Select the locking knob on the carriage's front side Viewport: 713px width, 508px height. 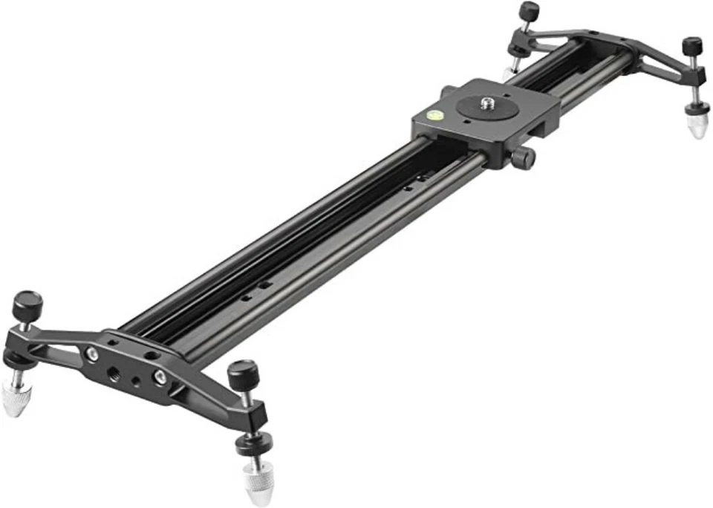tap(524, 157)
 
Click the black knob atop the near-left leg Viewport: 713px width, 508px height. tap(27, 302)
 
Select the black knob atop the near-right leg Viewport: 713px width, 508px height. tap(242, 369)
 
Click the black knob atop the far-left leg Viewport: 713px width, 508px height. tap(528, 11)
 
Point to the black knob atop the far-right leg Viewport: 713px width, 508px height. tap(692, 45)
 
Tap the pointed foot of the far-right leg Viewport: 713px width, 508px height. tap(695, 125)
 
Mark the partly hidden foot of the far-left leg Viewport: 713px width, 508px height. tap(508, 73)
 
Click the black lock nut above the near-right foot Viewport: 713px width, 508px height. tap(253, 443)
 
